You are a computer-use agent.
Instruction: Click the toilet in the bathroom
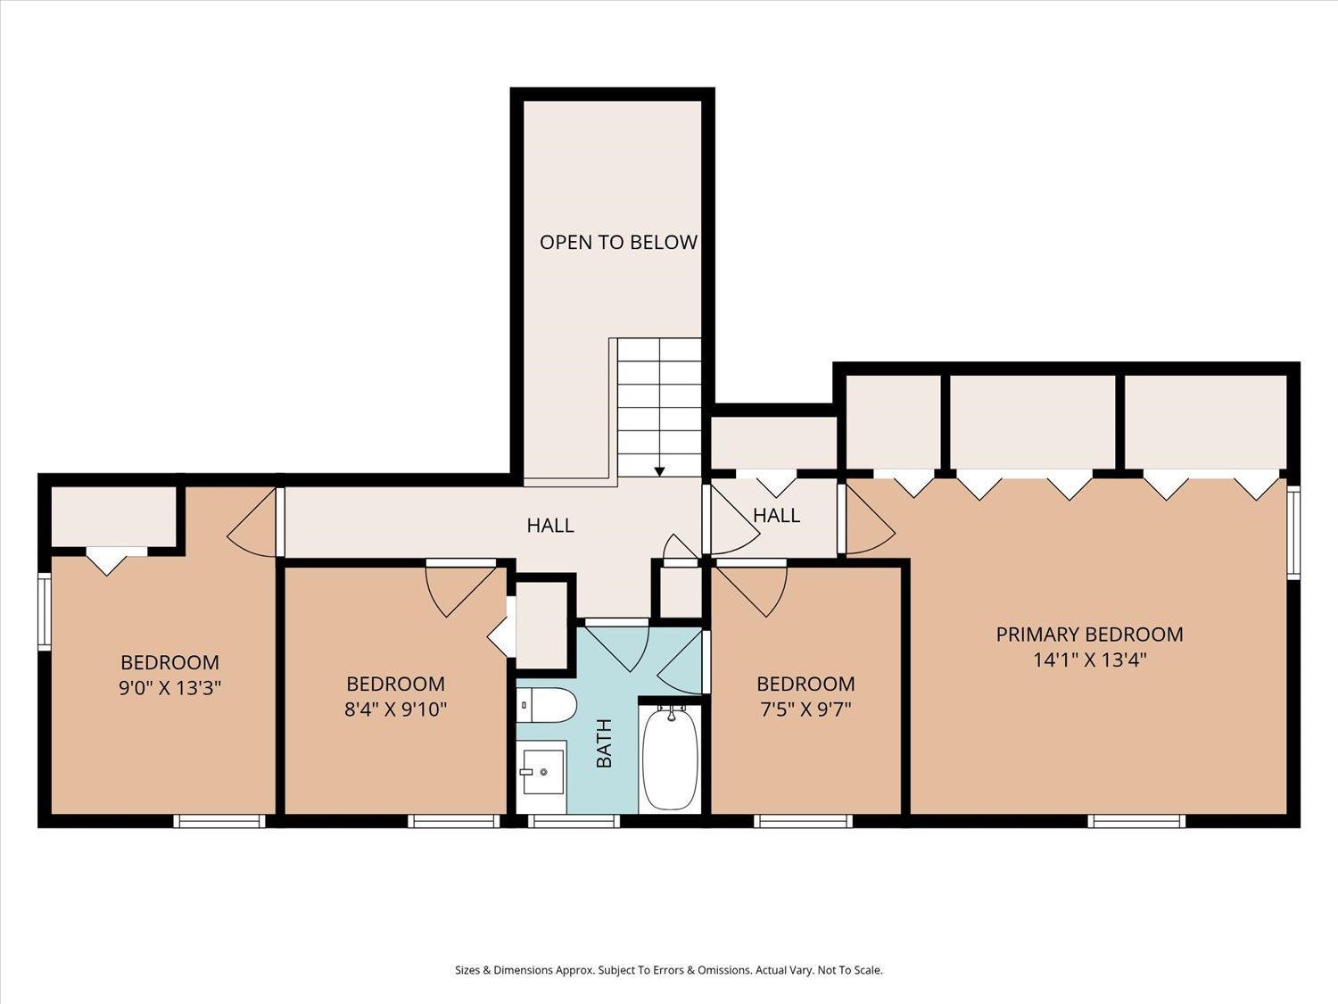(x=547, y=705)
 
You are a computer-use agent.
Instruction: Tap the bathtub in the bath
(x=670, y=758)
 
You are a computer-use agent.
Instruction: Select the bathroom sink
(x=542, y=772)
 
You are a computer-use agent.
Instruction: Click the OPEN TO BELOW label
(x=618, y=242)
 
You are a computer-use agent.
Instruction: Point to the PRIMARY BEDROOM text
(x=1089, y=634)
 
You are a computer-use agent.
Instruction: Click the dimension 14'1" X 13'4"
(x=1090, y=660)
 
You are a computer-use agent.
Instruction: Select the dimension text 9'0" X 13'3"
(x=169, y=687)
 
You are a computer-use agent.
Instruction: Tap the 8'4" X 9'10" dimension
(x=396, y=709)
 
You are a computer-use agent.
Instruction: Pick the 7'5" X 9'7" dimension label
(x=805, y=709)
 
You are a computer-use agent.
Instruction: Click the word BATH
(x=604, y=743)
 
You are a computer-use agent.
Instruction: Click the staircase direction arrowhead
(x=659, y=471)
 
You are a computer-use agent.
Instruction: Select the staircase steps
(x=659, y=407)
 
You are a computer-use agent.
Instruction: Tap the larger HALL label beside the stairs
(x=550, y=525)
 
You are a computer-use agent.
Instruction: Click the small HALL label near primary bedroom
(x=776, y=515)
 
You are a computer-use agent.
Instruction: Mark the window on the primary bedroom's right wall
(x=1293, y=532)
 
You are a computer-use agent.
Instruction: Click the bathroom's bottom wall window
(x=574, y=821)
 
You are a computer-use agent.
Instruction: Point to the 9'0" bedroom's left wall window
(x=44, y=611)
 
